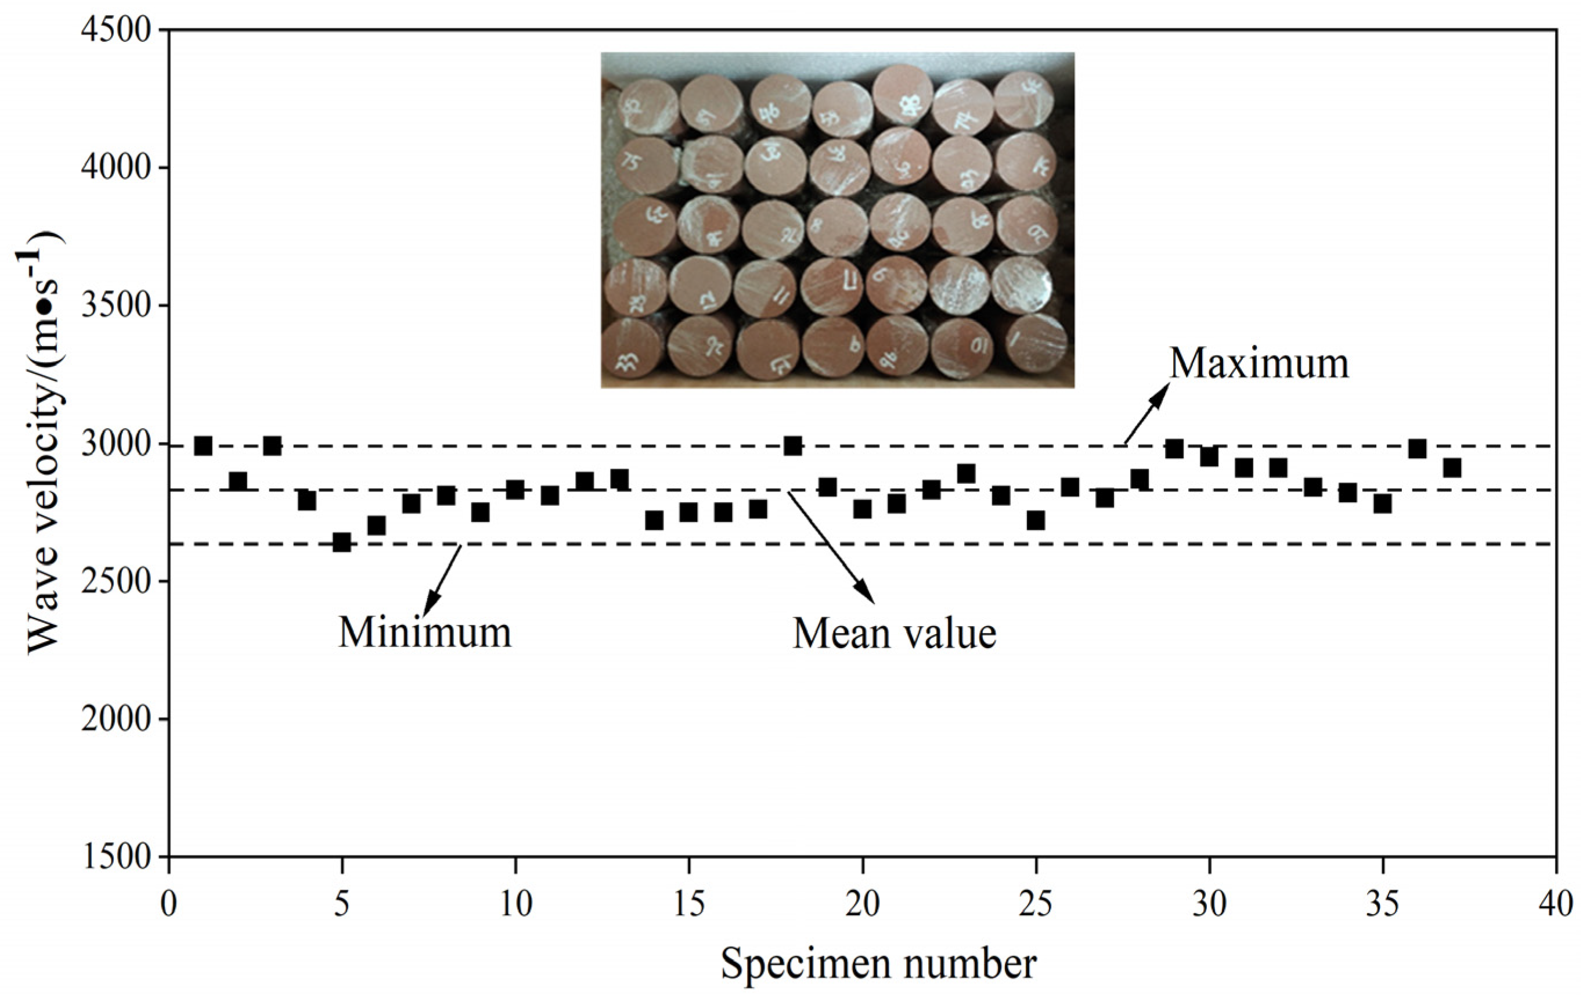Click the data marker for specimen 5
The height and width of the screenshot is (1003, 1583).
[x=341, y=542]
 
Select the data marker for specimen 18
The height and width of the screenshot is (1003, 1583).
[x=793, y=446]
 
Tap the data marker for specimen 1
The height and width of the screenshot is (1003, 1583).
[x=203, y=446]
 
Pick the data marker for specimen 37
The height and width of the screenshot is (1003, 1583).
[x=1452, y=468]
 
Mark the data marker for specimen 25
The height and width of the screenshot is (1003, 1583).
[x=1036, y=520]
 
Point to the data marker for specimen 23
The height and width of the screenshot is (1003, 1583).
[x=966, y=473]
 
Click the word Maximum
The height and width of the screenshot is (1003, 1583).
[x=1259, y=364]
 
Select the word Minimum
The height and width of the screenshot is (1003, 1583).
[x=425, y=632]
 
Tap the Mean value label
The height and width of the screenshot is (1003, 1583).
[x=894, y=634]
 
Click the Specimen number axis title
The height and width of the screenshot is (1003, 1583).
[x=878, y=964]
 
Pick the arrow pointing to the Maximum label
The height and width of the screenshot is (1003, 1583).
[x=1147, y=414]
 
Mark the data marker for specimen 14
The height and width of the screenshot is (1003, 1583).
[x=654, y=520]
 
